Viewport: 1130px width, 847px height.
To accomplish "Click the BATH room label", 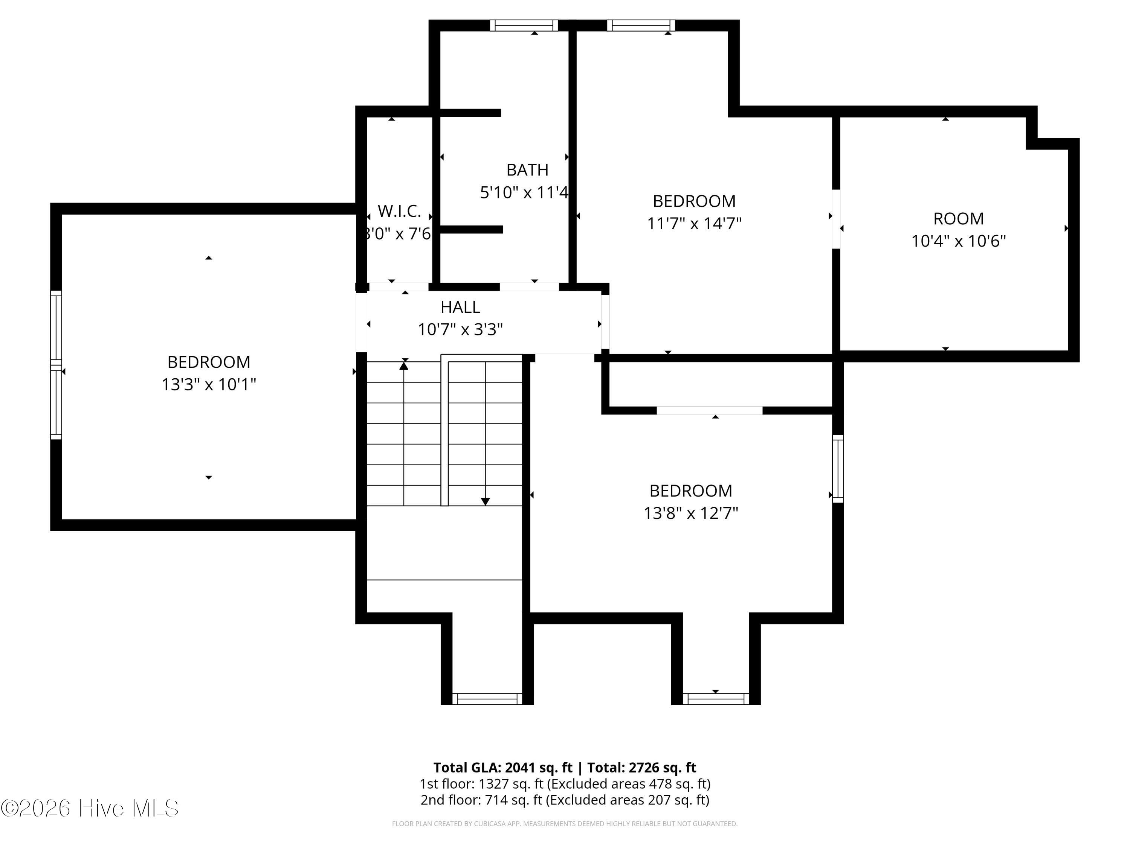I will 527,169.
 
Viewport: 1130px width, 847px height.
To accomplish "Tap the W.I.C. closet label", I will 399,211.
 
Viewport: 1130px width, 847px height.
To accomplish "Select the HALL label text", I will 460,307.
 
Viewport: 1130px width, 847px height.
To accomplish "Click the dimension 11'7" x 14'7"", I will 694,224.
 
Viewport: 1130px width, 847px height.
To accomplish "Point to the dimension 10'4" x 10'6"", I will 958,241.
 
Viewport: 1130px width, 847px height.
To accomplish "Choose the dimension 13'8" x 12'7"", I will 691,513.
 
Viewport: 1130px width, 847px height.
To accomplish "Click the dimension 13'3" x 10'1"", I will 208,384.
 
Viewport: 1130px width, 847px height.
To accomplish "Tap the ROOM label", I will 958,218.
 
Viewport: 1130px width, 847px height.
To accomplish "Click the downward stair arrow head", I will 485,502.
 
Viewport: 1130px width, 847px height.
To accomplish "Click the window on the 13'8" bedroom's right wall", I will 838,469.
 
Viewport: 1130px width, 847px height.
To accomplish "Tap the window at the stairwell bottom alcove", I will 487,699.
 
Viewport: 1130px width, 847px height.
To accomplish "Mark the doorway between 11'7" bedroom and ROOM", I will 836,219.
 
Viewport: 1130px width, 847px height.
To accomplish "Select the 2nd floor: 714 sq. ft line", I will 565,800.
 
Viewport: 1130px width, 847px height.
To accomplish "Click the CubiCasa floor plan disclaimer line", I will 565,824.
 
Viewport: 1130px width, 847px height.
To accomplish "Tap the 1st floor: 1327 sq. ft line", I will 565,784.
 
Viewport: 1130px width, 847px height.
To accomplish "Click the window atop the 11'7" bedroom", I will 641,26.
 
